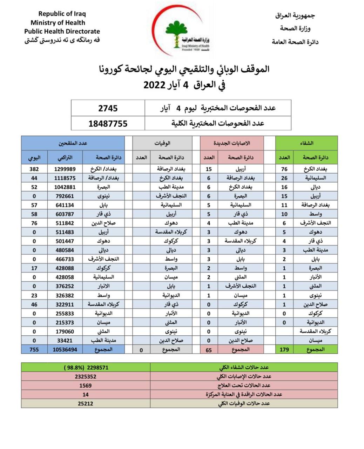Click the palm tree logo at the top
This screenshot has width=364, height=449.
pyautogui.click(x=177, y=34)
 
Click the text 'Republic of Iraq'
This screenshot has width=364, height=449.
pyautogui.click(x=62, y=14)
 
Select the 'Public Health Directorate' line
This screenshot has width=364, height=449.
pyautogui.click(x=62, y=31)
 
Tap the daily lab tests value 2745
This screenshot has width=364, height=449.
pyautogui.click(x=108, y=108)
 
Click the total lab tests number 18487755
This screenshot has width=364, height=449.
pyautogui.click(x=108, y=123)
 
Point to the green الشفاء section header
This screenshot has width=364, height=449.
pyautogui.click(x=307, y=143)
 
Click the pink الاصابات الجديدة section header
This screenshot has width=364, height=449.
pyautogui.click(x=232, y=143)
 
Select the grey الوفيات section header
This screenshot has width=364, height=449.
pyautogui.click(x=162, y=143)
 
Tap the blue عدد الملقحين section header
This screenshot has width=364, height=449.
pyautogui.click(x=73, y=143)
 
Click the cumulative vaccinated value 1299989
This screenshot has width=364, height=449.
pyautogui.click(x=65, y=169)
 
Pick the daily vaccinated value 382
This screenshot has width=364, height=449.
pyautogui.click(x=34, y=169)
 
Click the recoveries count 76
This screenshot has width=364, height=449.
pyautogui.click(x=284, y=169)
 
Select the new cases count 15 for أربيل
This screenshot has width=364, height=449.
pyautogui.click(x=209, y=169)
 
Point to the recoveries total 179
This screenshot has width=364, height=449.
pyautogui.click(x=284, y=349)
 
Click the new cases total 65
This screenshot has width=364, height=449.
pyautogui.click(x=209, y=350)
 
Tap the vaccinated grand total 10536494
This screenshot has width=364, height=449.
pyautogui.click(x=65, y=349)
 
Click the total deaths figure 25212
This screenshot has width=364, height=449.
pyautogui.click(x=86, y=403)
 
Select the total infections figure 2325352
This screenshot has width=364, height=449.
pyautogui.click(x=86, y=376)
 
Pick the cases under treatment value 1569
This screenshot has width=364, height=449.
pyautogui.click(x=86, y=386)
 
